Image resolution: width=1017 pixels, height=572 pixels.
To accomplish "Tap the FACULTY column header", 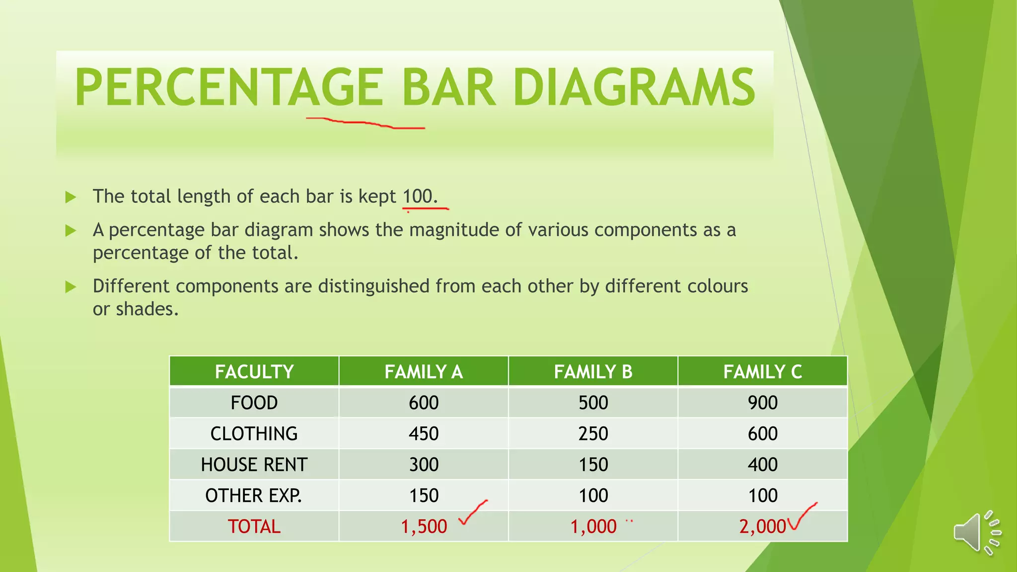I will pos(254,371).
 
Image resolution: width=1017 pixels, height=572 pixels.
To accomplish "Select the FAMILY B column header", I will pos(593,371).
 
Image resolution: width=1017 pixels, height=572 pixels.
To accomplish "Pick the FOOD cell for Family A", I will pos(424,403).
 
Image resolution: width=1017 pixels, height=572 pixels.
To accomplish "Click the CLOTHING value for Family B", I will pos(593,433).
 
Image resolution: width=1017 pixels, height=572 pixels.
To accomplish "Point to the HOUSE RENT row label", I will pos(254,465).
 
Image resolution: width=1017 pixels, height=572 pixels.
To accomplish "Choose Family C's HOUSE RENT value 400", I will pos(763,465).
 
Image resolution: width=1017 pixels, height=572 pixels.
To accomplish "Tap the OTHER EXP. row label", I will pos(253,496).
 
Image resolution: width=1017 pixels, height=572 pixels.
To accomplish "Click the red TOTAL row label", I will pos(254,526).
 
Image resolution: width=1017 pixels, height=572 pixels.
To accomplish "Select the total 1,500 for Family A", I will pos(424,526).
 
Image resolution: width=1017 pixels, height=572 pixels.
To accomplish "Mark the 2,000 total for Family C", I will pos(762,526).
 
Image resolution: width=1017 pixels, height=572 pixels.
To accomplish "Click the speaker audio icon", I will pos(976,533).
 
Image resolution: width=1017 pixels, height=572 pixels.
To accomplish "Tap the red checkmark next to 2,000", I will pos(800,516).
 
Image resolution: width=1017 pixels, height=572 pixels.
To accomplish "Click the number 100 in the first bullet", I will pos(417,196).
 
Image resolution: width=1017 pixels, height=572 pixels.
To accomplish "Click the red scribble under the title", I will pos(365,123).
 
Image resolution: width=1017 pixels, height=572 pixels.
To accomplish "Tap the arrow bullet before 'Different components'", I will pos(71,286).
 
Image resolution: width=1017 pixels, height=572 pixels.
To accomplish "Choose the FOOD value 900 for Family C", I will pos(763,403).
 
